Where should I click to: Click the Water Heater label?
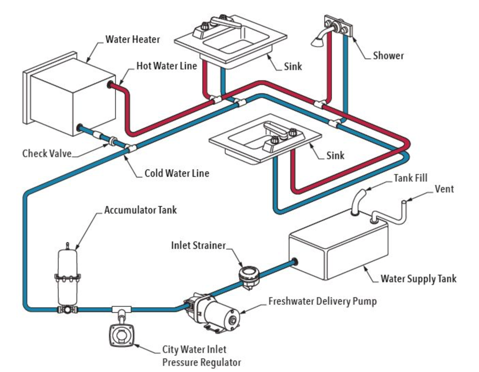tap(133, 39)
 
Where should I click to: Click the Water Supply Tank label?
tap(418, 279)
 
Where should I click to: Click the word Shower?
tap(388, 55)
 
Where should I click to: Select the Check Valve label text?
tap(47, 153)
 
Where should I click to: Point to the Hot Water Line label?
tap(167, 66)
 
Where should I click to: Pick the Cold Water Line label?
tap(177, 173)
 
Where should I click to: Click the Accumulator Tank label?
tap(140, 210)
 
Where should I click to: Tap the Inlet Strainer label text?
tap(198, 245)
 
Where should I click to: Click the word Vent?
tap(444, 189)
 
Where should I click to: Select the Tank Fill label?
tap(410, 178)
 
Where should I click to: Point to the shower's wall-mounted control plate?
tap(338, 26)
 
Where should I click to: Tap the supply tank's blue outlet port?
tap(294, 261)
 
